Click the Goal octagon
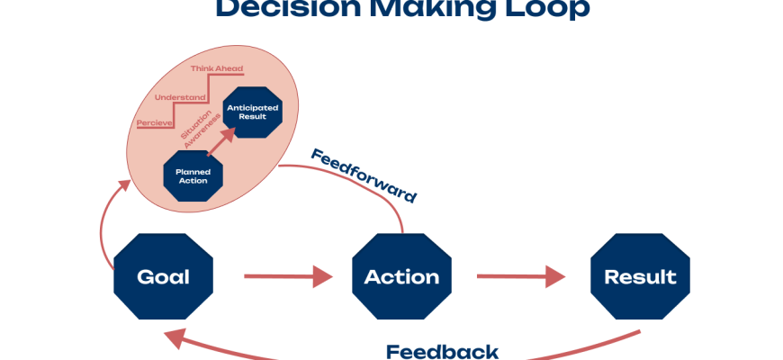(163, 276)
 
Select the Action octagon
(401, 276)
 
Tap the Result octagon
(640, 276)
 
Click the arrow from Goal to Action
(288, 276)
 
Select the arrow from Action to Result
(521, 276)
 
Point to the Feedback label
(442, 351)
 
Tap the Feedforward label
(364, 175)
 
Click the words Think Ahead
(216, 68)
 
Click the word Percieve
(155, 121)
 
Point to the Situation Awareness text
(200, 125)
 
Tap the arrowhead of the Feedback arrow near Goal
(173, 338)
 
